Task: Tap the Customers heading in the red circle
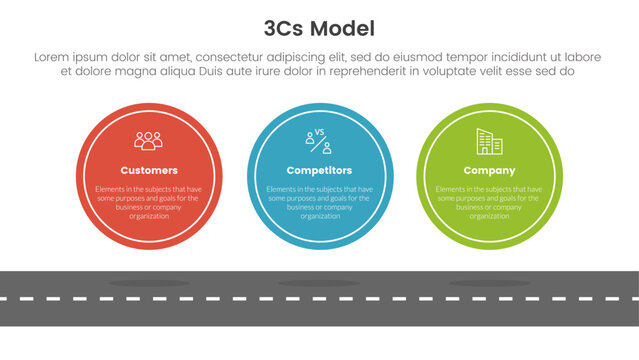coord(149,170)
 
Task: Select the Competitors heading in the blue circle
coord(319,170)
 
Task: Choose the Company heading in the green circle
coord(490,170)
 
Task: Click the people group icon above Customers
coord(149,140)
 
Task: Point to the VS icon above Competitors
coord(319,140)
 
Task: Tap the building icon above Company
coord(490,141)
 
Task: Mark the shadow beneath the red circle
coord(149,283)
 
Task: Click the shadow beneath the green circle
coord(490,283)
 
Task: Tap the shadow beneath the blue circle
coord(319,283)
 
